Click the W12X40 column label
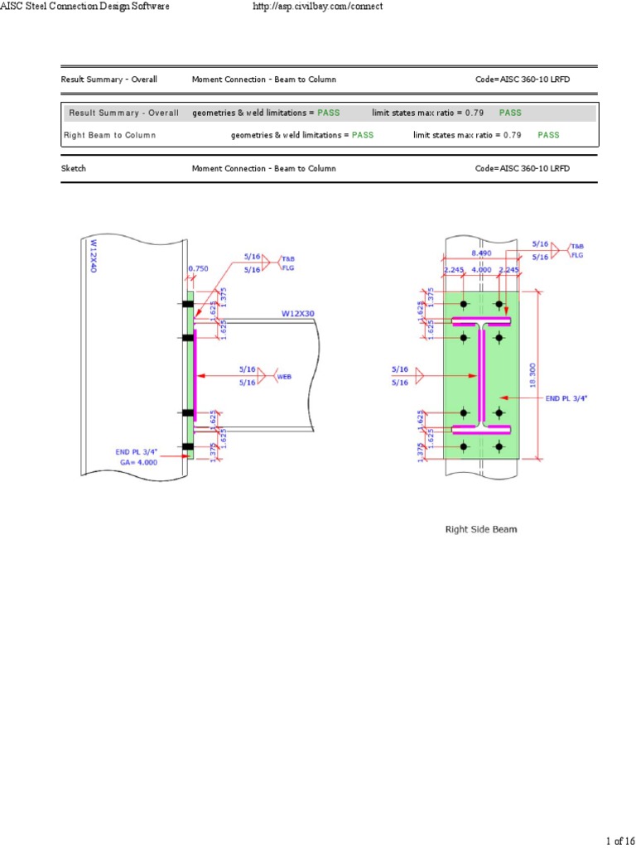[94, 257]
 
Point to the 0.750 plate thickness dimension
[198, 268]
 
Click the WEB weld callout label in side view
[284, 375]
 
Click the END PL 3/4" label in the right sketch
[568, 398]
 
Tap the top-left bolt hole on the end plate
[464, 304]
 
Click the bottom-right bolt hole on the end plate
[499, 446]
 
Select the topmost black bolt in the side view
[188, 304]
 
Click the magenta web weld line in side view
[195, 375]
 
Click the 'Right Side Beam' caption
[480, 529]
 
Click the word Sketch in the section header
[74, 168]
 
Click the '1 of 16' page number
[619, 841]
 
